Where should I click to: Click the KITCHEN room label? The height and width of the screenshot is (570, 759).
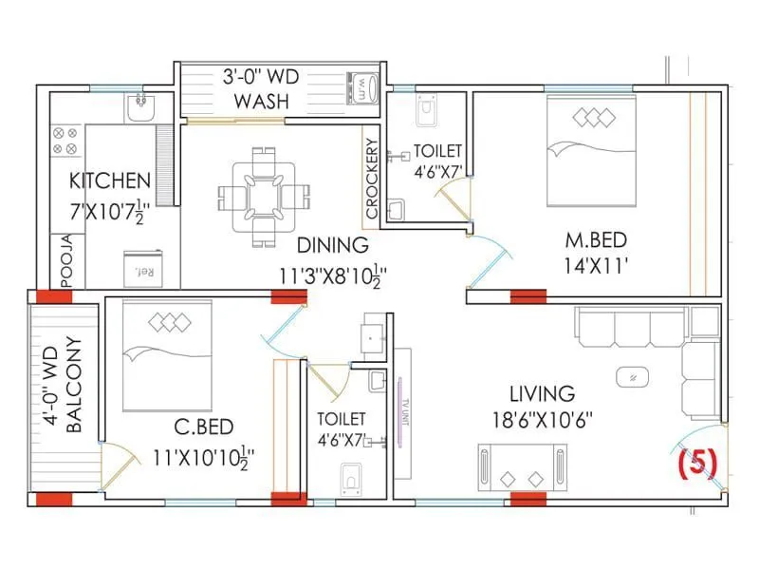coord(110,180)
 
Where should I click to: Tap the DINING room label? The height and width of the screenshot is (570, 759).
coord(332,245)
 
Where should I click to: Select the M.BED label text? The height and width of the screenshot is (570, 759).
coord(596,237)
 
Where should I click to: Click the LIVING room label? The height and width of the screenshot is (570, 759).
coord(542,392)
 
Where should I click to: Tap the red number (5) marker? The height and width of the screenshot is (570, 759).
coord(697,462)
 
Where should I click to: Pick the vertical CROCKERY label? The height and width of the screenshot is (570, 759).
coord(371,180)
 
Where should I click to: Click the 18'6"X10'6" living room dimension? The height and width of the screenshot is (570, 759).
coord(542,420)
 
